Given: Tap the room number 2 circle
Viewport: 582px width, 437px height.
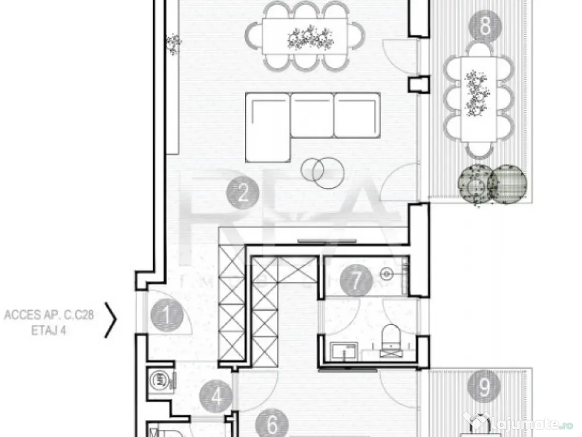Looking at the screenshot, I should (x=243, y=195).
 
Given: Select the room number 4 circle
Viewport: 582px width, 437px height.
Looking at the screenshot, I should (x=217, y=396).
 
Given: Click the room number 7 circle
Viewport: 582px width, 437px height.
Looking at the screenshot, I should (x=356, y=280).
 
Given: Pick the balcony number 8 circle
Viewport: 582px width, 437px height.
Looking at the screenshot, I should (x=485, y=26).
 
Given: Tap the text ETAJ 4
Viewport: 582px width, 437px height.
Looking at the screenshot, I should (x=48, y=328).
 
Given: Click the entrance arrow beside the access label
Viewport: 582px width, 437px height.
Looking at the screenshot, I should (x=112, y=320).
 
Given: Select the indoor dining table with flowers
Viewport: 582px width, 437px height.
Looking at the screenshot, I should (x=305, y=39).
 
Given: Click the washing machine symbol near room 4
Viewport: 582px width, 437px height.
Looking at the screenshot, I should (x=157, y=379).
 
